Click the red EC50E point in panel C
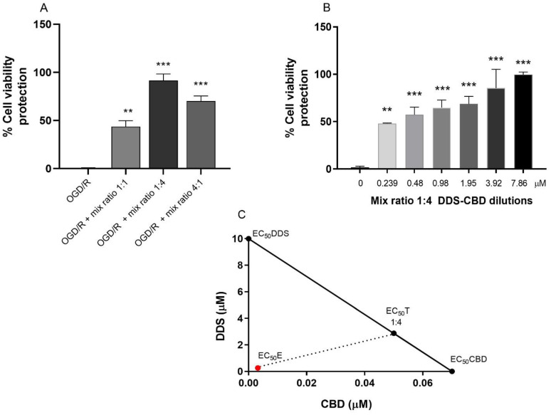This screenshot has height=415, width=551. pos(258,368)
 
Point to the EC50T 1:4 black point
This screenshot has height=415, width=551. pos(394,333)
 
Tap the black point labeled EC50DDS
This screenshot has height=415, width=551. pos(248,239)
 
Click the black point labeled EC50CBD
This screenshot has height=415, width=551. pos(452,371)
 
